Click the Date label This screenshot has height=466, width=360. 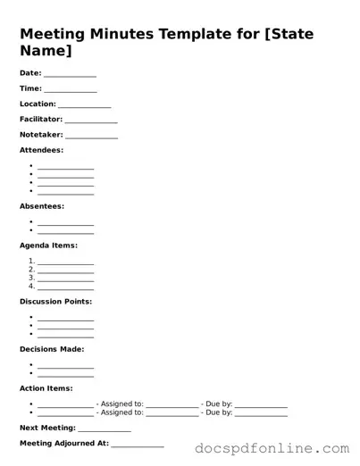pyautogui.click(x=30, y=72)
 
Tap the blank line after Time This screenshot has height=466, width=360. pyautogui.click(x=71, y=90)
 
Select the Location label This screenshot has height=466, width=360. pyautogui.click(x=38, y=104)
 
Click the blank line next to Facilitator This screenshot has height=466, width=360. pyautogui.click(x=91, y=121)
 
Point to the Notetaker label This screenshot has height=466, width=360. pyautogui.click(x=41, y=134)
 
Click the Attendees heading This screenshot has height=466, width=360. pyautogui.click(x=41, y=150)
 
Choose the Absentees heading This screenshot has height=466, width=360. pyautogui.click(x=41, y=206)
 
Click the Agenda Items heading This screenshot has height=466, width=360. pyautogui.click(x=48, y=245)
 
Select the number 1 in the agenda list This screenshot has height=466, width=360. pyautogui.click(x=31, y=261)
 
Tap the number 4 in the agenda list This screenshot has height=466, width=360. pyautogui.click(x=31, y=287)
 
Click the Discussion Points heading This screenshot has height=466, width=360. pyautogui.click(x=55, y=302)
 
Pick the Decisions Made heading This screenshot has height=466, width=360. pyautogui.click(x=52, y=349)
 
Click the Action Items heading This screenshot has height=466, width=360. pyautogui.click(x=46, y=388)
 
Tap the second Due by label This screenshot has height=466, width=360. pyautogui.click(x=219, y=412)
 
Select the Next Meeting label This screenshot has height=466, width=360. pyautogui.click(x=47, y=428)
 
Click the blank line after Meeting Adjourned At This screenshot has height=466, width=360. pyautogui.click(x=138, y=445)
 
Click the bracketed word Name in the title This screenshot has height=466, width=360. pyautogui.click(x=44, y=53)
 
